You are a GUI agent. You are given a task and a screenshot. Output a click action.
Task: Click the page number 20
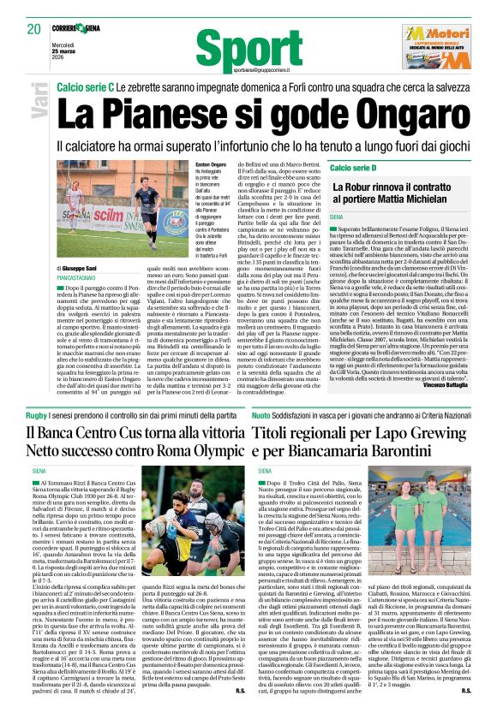[33, 28]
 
